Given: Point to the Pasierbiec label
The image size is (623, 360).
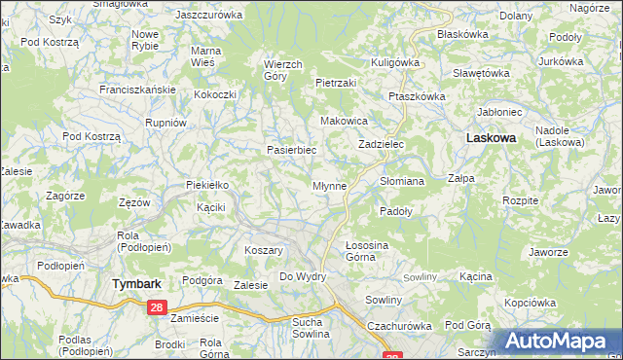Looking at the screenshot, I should [x=292, y=151].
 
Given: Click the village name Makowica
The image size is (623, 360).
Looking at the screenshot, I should [x=344, y=121].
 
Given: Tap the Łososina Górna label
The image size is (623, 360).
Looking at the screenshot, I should [x=367, y=251].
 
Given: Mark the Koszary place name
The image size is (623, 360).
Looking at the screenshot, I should [x=264, y=250].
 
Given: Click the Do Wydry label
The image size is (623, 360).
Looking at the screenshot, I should [x=303, y=277].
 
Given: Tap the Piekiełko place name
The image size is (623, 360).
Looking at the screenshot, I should [x=206, y=185].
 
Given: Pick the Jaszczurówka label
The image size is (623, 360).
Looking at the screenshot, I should [x=208, y=15].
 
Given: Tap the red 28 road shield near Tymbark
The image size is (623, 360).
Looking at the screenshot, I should [x=158, y=307].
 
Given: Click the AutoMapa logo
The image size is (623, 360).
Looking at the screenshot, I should [x=560, y=342].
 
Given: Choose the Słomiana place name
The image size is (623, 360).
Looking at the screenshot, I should [x=402, y=181].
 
